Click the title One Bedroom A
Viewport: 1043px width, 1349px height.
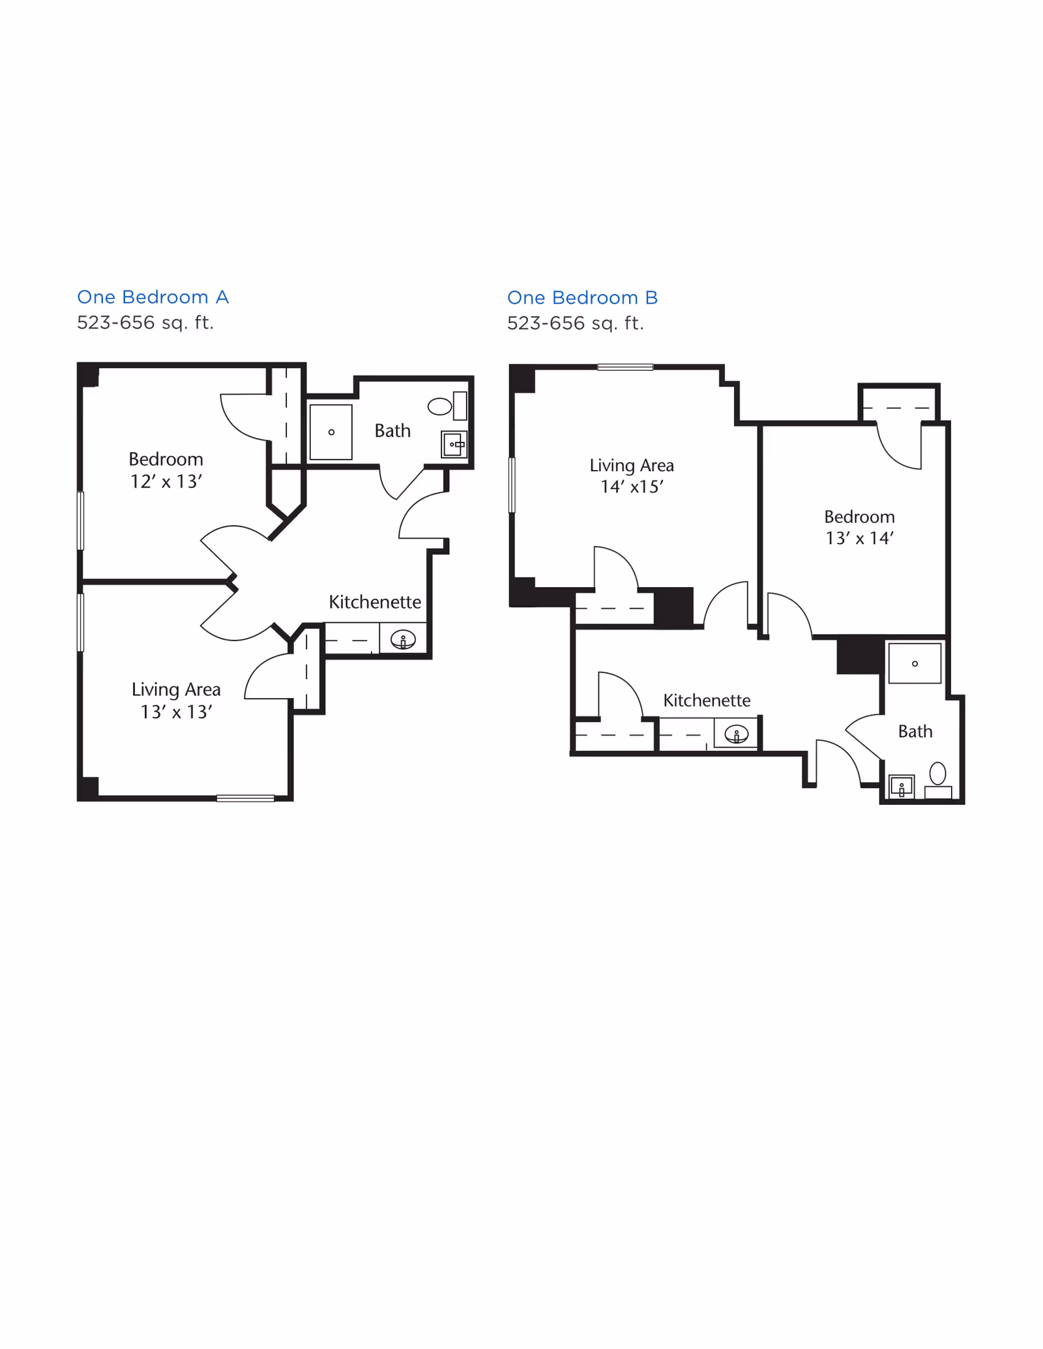click(x=153, y=297)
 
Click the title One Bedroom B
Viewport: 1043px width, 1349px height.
click(x=582, y=298)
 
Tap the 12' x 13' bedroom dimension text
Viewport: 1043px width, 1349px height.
click(x=166, y=482)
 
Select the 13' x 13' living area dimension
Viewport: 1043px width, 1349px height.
click(x=177, y=712)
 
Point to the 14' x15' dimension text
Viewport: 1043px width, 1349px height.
click(x=632, y=487)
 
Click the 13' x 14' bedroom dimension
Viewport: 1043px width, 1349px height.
click(x=859, y=538)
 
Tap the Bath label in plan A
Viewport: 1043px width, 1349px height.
click(x=392, y=431)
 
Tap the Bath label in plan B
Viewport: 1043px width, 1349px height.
click(x=915, y=731)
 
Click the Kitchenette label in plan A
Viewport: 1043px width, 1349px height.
click(x=375, y=602)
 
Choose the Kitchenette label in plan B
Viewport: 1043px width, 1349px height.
click(x=707, y=700)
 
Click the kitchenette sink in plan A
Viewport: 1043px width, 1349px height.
click(x=403, y=640)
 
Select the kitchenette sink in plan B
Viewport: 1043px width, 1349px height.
click(x=737, y=734)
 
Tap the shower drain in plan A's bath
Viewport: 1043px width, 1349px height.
click(x=331, y=432)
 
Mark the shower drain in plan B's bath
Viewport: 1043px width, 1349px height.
click(x=915, y=663)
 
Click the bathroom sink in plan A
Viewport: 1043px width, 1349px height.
click(x=454, y=444)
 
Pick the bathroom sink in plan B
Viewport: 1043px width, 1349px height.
click(x=902, y=787)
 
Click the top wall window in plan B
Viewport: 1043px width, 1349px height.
click(x=625, y=368)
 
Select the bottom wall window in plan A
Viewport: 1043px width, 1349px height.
click(x=246, y=798)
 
